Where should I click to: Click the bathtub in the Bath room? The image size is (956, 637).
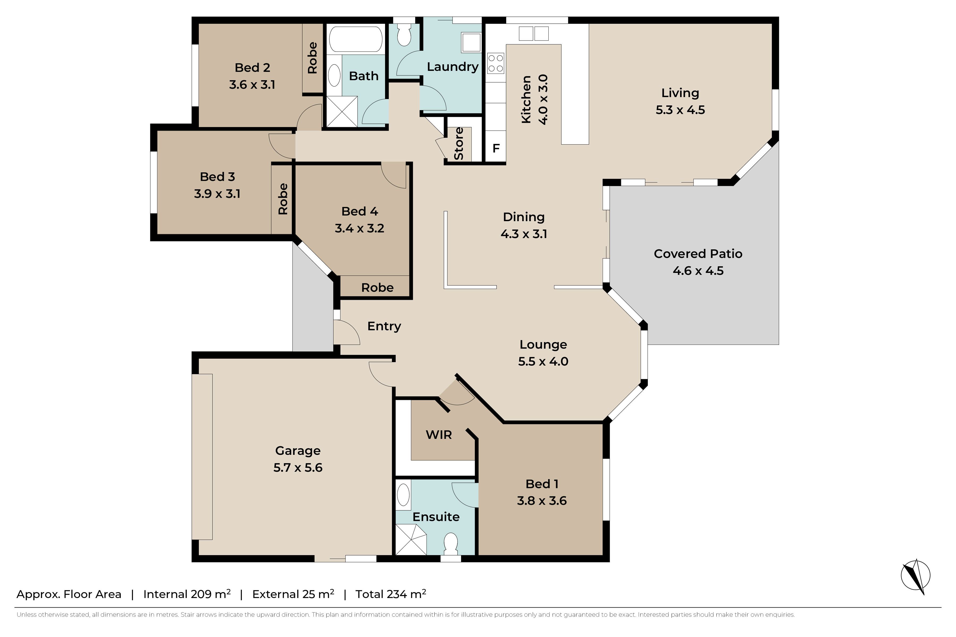click(356, 39)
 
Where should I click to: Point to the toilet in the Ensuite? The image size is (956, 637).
click(451, 544)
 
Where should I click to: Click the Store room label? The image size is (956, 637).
click(459, 143)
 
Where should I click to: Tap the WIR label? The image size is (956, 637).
click(439, 435)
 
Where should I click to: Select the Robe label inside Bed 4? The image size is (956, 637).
click(377, 288)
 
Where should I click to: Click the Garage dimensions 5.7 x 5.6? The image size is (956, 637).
click(298, 468)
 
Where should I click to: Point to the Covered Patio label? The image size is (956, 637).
click(698, 254)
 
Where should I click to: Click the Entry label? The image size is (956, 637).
click(384, 326)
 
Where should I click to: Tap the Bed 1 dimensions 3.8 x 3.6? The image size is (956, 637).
click(541, 501)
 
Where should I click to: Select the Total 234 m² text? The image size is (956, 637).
click(391, 594)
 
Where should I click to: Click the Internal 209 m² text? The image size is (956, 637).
click(187, 594)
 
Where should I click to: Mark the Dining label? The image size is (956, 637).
click(524, 217)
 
